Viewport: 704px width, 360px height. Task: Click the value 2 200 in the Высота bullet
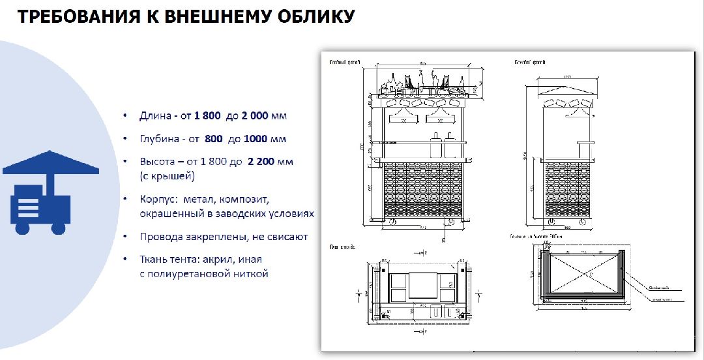pos(263,162)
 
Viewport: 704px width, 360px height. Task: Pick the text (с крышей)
pos(167,176)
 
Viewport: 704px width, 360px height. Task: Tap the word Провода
pos(160,237)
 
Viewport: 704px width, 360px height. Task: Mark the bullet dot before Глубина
pos(125,139)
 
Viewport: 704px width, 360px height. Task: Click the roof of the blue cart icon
pos(51,164)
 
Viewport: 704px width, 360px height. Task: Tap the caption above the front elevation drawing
pos(345,63)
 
